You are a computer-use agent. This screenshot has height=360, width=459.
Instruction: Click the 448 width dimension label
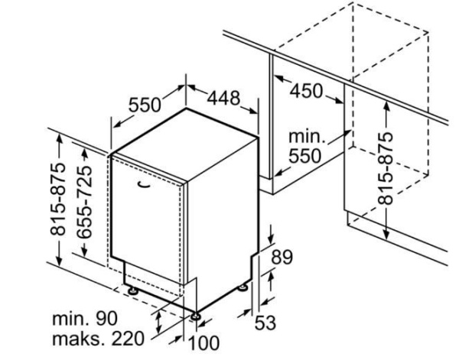coord(223,99)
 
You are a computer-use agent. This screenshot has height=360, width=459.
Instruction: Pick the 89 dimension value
coord(282,258)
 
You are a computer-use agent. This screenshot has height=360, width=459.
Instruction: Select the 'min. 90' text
coord(83,317)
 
